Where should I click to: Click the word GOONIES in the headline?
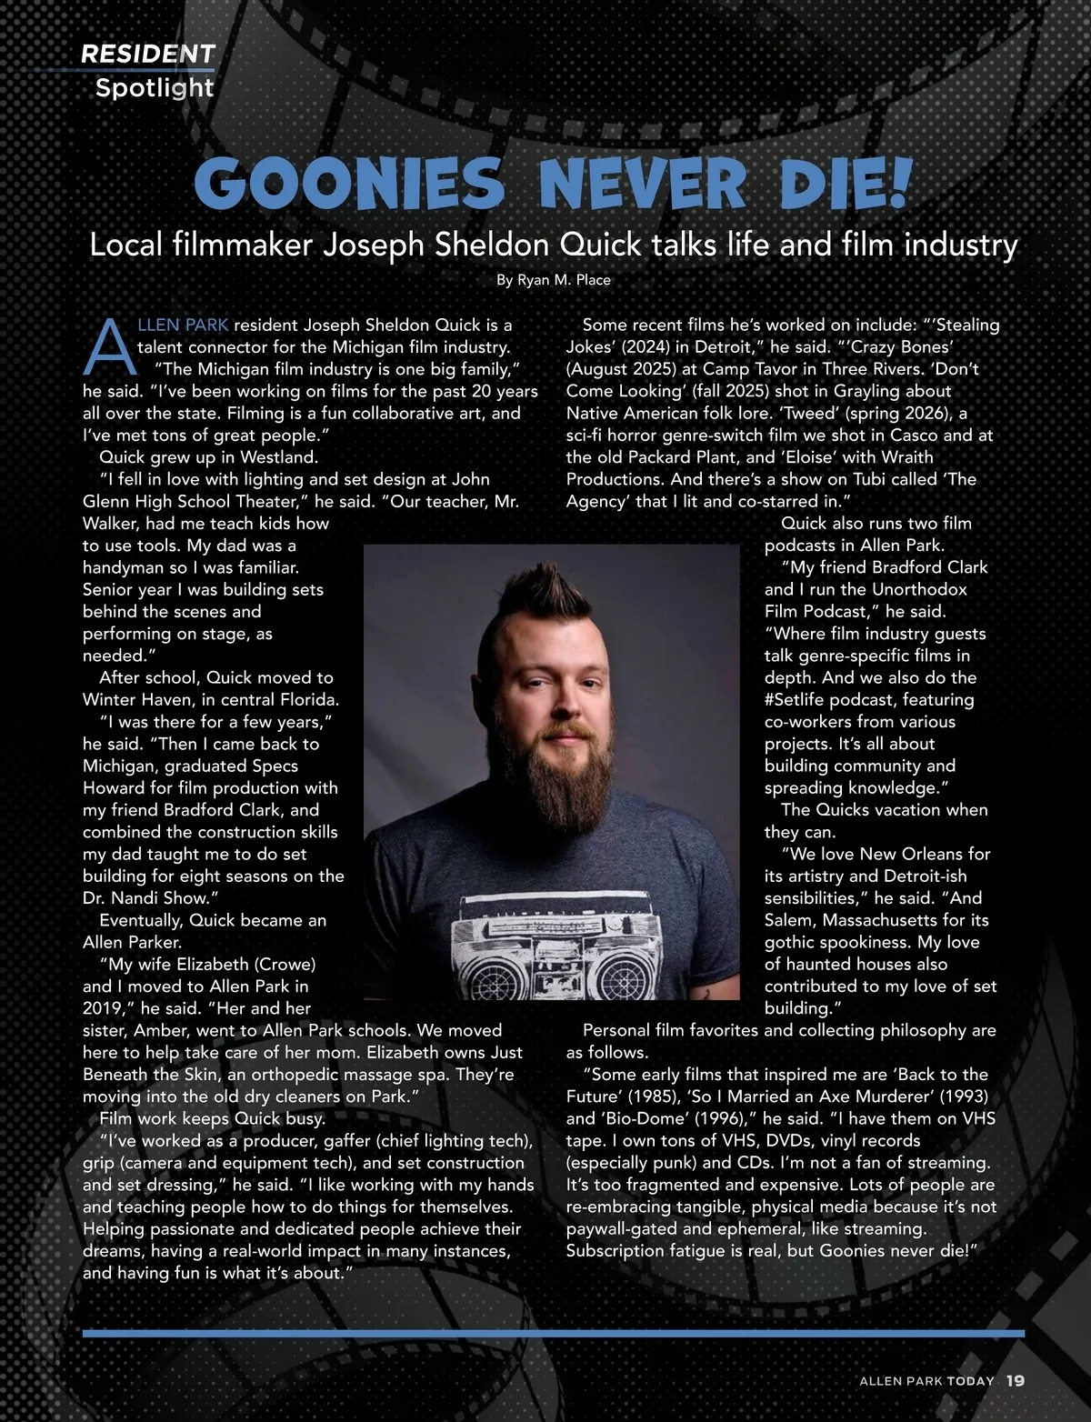coord(348,185)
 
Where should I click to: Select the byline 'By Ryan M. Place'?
coord(553,280)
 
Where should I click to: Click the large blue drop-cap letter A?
coord(108,347)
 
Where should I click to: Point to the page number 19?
coord(1016,1380)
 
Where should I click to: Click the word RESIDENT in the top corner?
coord(148,55)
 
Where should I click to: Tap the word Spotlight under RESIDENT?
coord(155,88)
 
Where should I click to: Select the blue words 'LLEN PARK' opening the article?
coord(183,325)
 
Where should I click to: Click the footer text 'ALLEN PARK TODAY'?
coord(926,1380)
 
